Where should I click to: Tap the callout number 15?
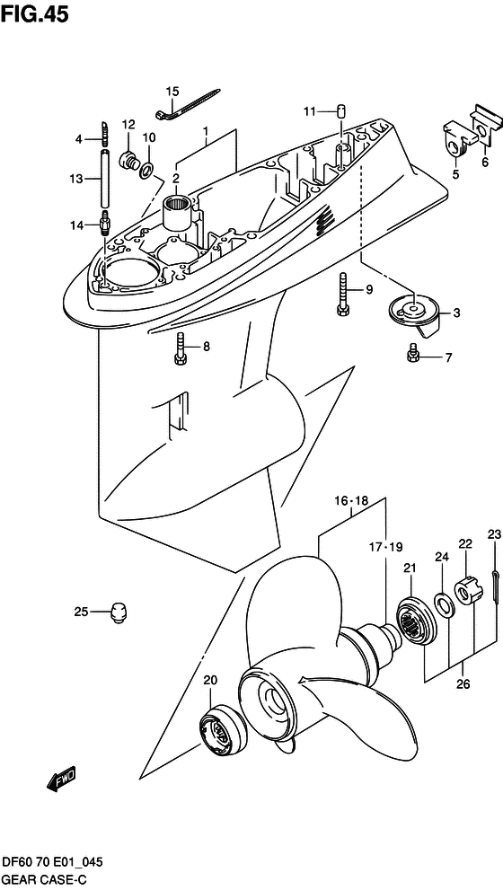[x=172, y=91]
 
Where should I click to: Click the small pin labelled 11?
[x=340, y=111]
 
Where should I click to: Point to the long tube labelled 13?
[x=105, y=180]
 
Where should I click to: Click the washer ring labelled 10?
[x=146, y=167]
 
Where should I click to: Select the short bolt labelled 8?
[x=181, y=348]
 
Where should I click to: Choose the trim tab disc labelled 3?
[x=412, y=313]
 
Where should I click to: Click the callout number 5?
[x=455, y=174]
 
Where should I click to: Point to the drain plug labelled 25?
[x=117, y=613]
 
